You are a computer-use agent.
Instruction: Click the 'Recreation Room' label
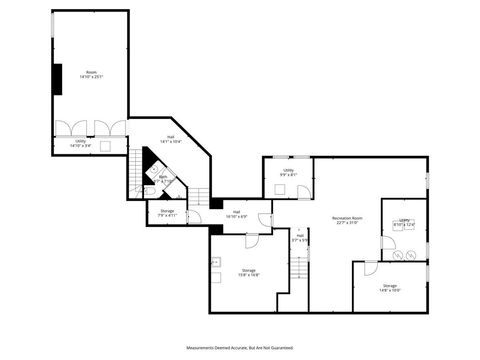click(347, 220)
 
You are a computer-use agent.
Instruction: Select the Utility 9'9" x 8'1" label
click(288, 173)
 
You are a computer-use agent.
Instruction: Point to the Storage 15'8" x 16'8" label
click(249, 272)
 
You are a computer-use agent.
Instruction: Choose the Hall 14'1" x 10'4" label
click(174, 140)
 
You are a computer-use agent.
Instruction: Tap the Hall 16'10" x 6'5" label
click(237, 213)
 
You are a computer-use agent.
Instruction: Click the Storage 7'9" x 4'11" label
click(167, 213)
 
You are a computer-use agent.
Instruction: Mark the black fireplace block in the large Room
click(59, 77)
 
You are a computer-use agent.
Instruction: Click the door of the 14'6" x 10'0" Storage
click(371, 267)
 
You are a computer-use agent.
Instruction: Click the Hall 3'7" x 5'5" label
click(299, 238)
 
